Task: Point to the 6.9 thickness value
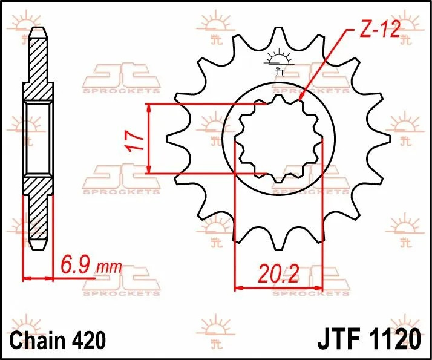(75, 265)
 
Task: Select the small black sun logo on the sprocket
(278, 59)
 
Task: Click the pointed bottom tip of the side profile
(38, 249)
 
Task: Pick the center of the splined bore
(278, 139)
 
